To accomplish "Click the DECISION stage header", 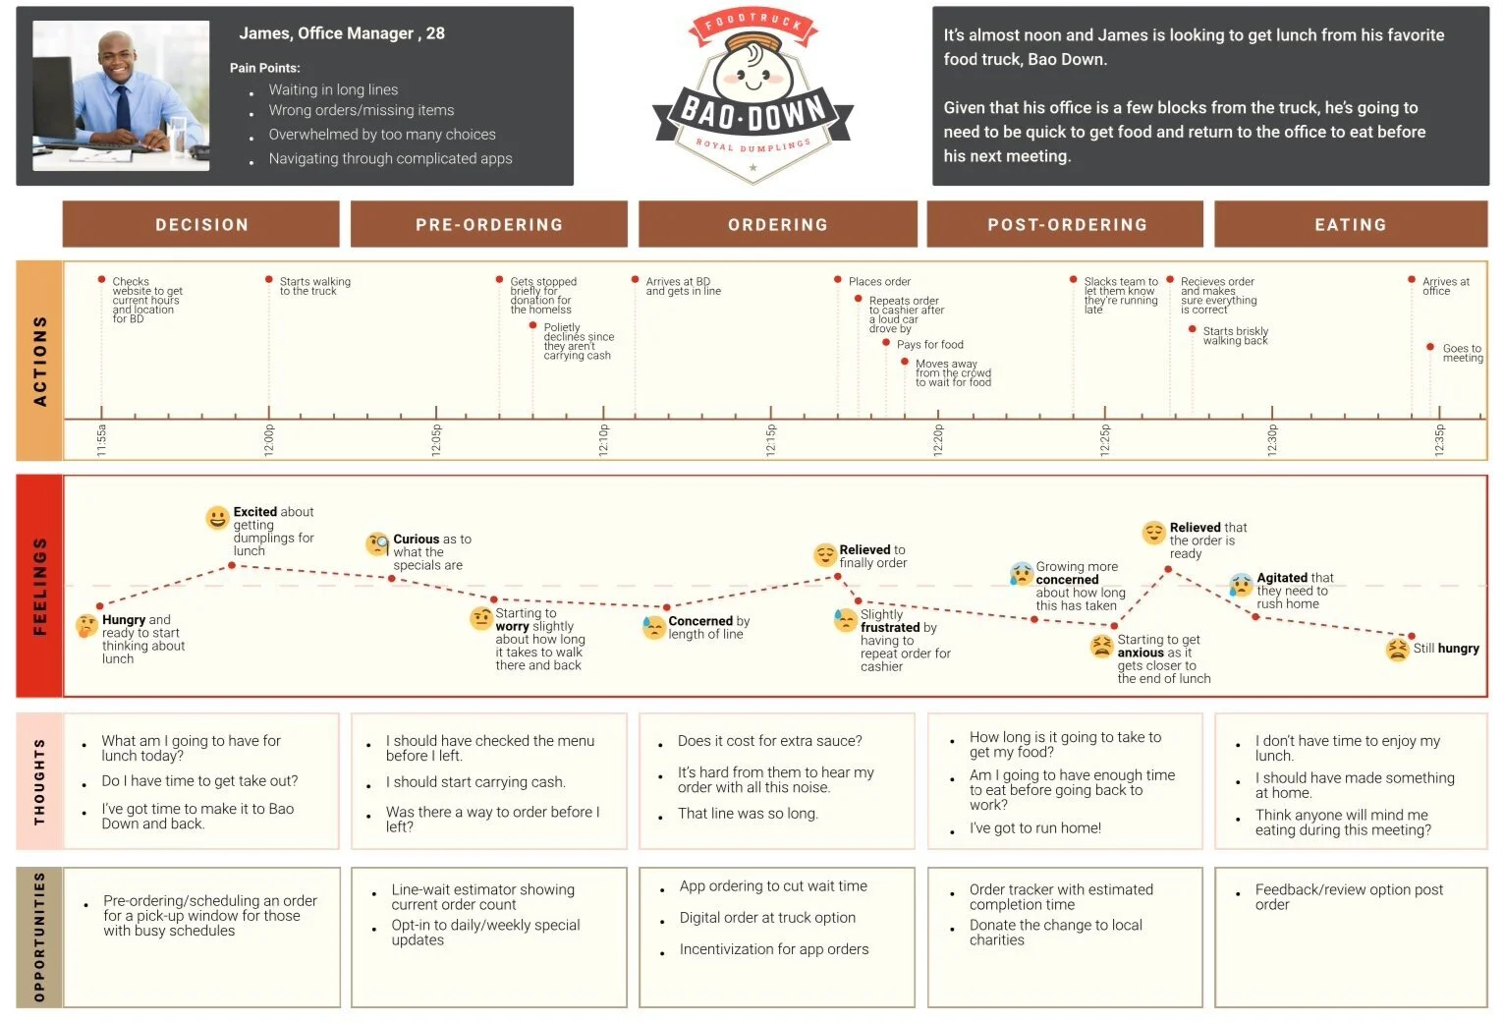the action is tap(201, 224).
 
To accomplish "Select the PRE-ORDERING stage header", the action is tap(488, 224).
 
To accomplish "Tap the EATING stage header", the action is tap(1351, 224).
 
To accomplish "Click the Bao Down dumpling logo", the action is tap(752, 96).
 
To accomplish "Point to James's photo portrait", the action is tap(121, 95).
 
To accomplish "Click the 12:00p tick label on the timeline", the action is tap(269, 440).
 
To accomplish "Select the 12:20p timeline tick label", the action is tap(938, 440).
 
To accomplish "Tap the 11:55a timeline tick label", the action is tap(101, 440).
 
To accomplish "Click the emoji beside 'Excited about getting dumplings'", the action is tap(217, 517).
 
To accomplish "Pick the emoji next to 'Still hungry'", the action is tap(1397, 649).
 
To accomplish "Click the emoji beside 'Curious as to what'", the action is tap(377, 543).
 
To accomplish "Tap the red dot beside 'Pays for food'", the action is tap(886, 343).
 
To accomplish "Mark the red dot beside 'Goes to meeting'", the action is tap(1430, 347).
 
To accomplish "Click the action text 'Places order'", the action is tap(879, 282).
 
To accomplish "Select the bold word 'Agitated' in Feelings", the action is tap(1282, 578).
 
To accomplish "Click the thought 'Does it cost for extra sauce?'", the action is tap(769, 741).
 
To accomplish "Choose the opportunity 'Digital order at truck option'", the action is tap(767, 918).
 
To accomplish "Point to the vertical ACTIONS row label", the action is tap(40, 361).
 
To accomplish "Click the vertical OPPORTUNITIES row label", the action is tap(40, 937).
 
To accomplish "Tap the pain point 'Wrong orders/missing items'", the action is tap(362, 110).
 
